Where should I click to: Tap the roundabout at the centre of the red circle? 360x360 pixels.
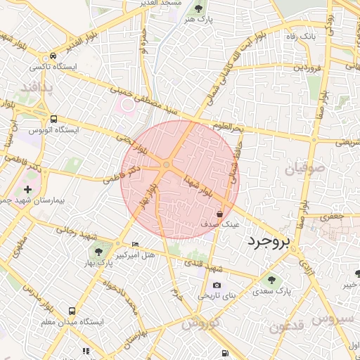pos(167,166)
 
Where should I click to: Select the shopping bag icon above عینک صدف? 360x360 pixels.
pos(220,213)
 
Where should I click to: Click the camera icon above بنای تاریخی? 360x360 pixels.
pos(217,285)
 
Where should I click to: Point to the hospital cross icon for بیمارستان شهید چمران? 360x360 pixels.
pos(27,189)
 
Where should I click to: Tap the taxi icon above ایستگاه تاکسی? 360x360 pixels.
pos(53,56)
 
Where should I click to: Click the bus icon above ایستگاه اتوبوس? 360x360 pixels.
pos(53,119)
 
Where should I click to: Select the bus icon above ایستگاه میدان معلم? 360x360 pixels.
pos(72,310)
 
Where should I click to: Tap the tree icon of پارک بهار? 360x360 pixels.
pos(97,251)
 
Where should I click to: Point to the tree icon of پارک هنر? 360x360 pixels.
pos(198,9)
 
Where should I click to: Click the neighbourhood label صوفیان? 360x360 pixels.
pos(304,169)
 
